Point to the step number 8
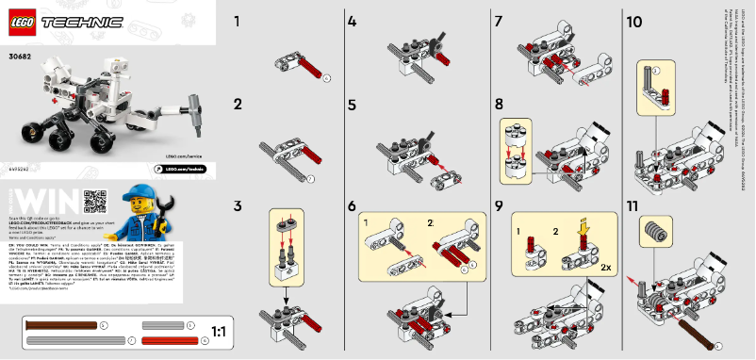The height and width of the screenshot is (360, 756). coord(499,103)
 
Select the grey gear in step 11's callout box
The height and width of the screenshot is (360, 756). coord(649,227)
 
